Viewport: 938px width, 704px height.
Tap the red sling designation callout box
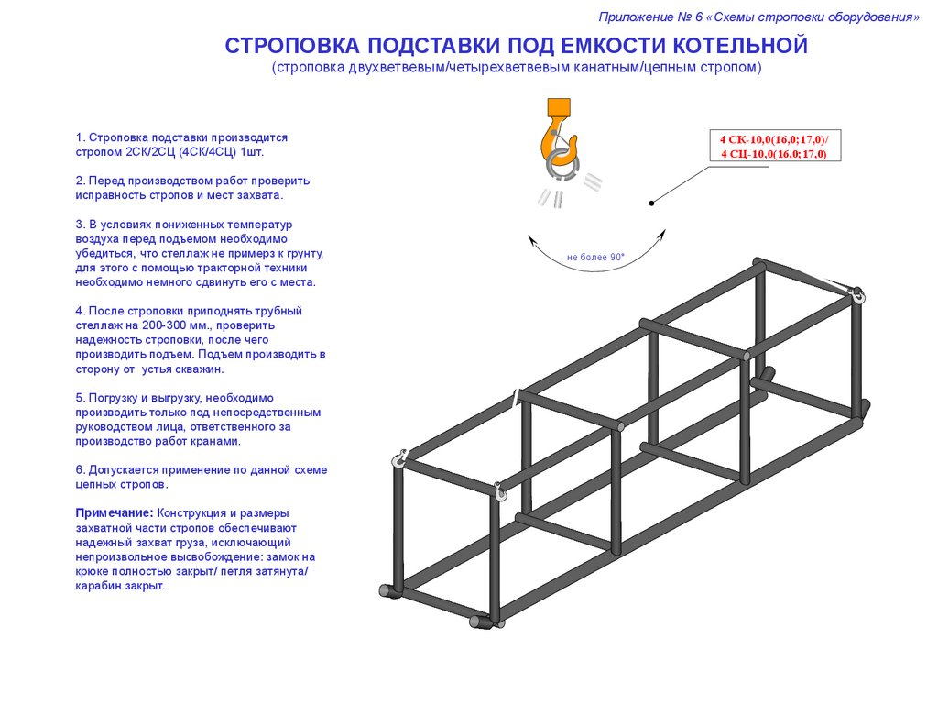774,146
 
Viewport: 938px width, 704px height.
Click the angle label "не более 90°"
595,258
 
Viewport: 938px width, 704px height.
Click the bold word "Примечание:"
115,512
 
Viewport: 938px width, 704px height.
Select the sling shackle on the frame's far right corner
857,294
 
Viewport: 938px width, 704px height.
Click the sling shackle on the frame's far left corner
399,460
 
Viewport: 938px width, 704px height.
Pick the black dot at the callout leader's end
651,203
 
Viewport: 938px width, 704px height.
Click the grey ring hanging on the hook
561,165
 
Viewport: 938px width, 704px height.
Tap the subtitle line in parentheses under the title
516,68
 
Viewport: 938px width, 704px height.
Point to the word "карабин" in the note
97,586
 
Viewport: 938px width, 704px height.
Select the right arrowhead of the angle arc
661,235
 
